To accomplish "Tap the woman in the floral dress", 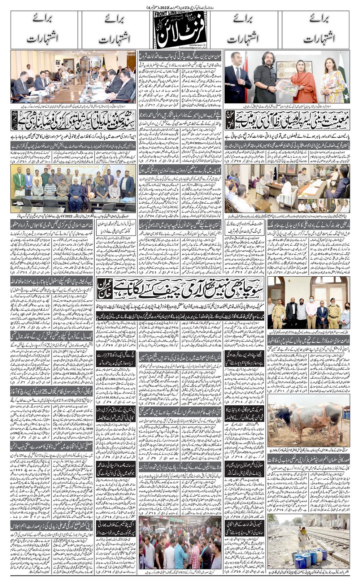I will click(331, 81).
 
